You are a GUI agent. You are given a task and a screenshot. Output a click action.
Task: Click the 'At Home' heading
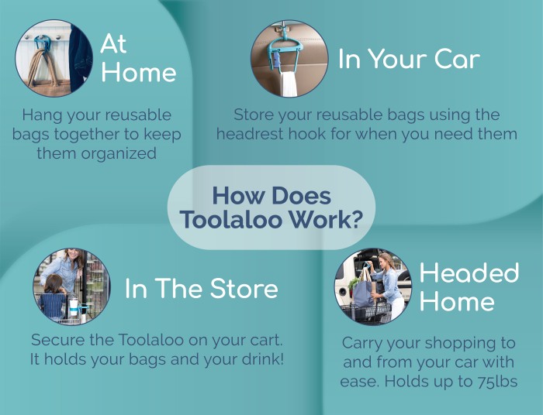139,58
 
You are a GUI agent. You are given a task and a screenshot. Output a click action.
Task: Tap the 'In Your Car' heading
409,59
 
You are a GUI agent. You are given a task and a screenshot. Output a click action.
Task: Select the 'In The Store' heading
202,288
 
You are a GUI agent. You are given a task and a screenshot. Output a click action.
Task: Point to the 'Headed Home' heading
469,286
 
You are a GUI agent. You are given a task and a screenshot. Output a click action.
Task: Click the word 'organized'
119,154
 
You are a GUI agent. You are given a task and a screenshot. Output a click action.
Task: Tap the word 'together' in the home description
87,135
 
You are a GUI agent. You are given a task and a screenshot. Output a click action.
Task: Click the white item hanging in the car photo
289,84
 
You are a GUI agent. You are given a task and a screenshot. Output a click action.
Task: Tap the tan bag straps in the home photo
42,67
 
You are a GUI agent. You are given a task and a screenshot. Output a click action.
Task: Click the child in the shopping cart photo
52,297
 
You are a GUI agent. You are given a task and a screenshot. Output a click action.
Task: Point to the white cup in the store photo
74,307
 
